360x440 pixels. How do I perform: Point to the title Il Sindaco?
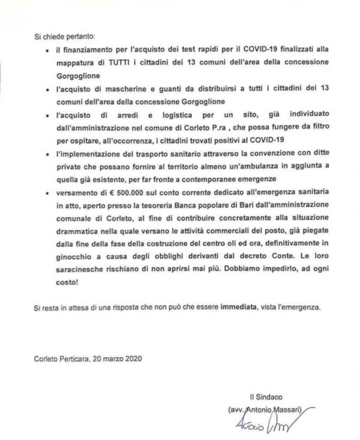(266, 397)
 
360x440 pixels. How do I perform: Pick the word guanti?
(162, 89)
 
